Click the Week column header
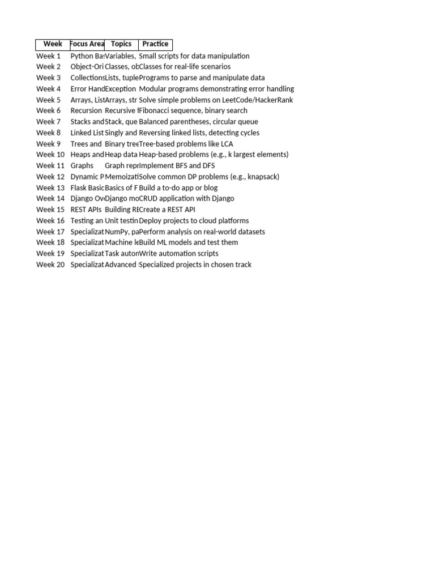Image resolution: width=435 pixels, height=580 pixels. pos(53,44)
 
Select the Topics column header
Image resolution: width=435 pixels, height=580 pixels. pos(121,44)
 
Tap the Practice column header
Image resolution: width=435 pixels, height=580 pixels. pos(155,44)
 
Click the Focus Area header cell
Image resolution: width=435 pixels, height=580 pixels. pos(87,44)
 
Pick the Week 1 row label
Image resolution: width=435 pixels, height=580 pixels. pos(49,56)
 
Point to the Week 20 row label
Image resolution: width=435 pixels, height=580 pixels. pos(50,265)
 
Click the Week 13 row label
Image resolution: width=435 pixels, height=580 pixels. pos(50,187)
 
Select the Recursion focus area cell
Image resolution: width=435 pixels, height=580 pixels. pos(86,110)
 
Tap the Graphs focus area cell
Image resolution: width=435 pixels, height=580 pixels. pos(82,165)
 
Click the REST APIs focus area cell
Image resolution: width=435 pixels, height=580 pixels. pos(86,210)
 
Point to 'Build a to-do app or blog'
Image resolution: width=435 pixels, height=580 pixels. pos(178,187)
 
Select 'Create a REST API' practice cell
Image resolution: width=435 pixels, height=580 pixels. pos(167,210)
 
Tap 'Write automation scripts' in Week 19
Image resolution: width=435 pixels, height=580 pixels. pos(178,253)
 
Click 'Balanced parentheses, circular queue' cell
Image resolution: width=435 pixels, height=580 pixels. pos(198,122)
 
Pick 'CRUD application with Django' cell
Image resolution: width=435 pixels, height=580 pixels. pos(186,198)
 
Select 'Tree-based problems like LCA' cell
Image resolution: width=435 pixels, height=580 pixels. pos(186,144)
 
